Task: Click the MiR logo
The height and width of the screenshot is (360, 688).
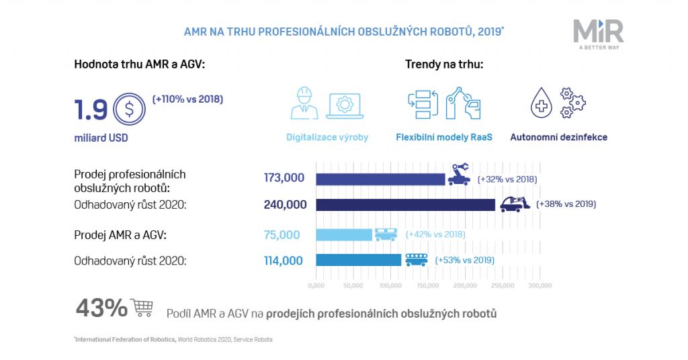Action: (598, 34)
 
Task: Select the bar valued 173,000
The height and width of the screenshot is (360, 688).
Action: (380, 179)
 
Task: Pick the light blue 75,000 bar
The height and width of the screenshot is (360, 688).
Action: (343, 234)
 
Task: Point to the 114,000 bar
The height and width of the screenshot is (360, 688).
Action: (358, 260)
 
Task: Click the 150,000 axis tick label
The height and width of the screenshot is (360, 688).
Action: (427, 285)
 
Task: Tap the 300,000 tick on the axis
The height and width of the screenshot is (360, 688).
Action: (540, 285)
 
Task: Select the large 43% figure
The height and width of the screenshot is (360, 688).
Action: (101, 308)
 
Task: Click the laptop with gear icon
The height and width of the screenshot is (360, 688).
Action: (345, 106)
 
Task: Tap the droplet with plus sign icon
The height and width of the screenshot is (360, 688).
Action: (542, 104)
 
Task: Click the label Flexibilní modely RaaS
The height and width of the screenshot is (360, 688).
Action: (444, 138)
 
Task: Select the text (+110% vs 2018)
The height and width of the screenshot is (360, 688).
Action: (187, 99)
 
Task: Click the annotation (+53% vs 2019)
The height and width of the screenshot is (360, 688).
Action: (465, 261)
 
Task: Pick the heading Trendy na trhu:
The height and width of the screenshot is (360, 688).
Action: (444, 64)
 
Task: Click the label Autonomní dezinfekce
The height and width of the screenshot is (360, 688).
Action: (558, 138)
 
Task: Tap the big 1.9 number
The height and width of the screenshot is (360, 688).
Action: (91, 110)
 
